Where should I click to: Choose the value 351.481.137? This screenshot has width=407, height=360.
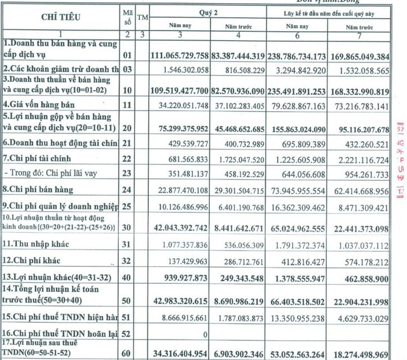tap(194, 173)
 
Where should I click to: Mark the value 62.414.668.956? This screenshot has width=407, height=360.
tap(364, 190)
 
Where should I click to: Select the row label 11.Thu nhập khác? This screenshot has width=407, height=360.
tap(36, 244)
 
